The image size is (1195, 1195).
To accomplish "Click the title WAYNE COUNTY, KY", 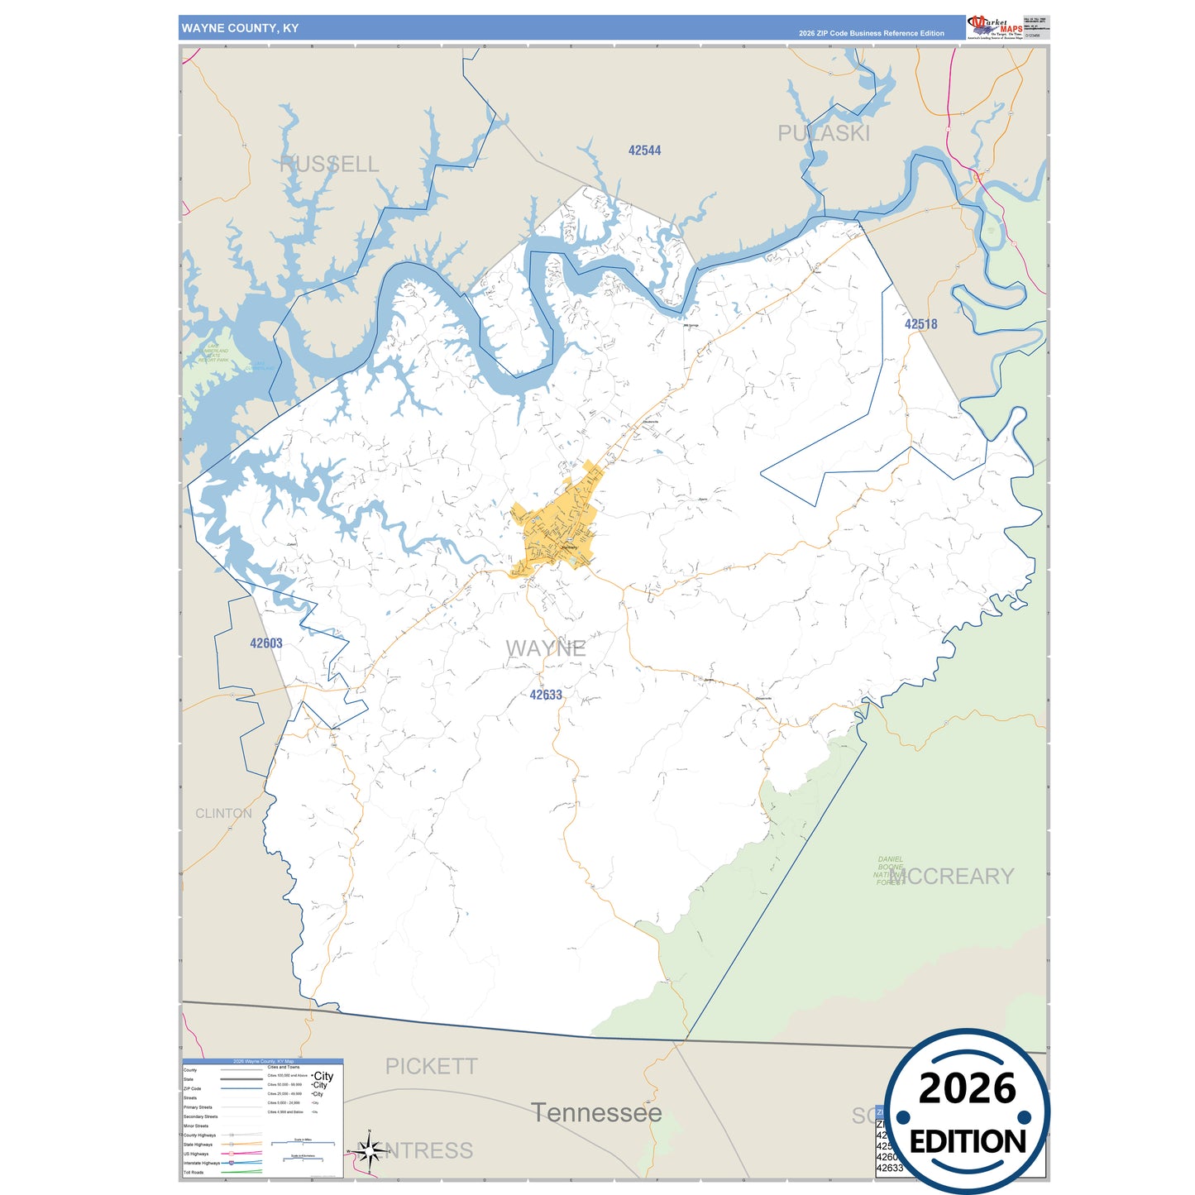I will click(240, 28).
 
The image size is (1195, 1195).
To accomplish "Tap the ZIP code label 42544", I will click(644, 151).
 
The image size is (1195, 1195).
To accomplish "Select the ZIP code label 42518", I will click(920, 324).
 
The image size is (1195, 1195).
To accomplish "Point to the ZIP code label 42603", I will click(266, 643).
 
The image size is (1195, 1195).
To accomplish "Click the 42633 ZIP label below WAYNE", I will click(546, 695).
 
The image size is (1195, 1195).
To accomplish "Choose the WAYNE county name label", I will click(546, 648).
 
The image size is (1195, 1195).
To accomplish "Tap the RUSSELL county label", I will click(329, 165).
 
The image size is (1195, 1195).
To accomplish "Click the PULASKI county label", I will click(824, 133).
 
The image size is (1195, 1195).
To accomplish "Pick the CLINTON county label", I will click(223, 814).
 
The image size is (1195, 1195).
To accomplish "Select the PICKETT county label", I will click(431, 1067).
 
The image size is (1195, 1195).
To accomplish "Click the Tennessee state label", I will click(596, 1113).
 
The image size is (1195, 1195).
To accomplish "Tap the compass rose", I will click(370, 1150).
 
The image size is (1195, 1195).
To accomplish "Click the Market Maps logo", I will click(995, 26).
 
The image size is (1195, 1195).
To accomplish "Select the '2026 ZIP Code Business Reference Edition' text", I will click(871, 34).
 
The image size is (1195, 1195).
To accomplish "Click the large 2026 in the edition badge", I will click(967, 1088).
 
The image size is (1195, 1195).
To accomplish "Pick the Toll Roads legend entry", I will click(194, 1173).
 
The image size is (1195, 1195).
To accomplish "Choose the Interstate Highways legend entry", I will click(202, 1163).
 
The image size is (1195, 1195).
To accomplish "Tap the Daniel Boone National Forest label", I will click(890, 871).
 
